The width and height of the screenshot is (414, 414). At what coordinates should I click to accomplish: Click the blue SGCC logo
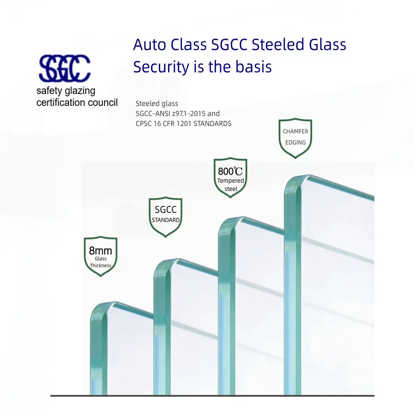tap(65, 68)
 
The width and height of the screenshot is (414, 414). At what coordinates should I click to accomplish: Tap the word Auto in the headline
tap(150, 44)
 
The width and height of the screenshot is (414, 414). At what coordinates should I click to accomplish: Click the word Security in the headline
tap(161, 67)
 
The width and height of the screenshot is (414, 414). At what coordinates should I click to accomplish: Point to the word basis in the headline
tap(253, 67)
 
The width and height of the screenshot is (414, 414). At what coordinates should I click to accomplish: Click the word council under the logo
tap(103, 102)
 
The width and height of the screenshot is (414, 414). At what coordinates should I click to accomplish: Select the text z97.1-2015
tap(188, 114)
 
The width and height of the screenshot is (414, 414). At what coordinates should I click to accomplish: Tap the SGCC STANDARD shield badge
tap(165, 217)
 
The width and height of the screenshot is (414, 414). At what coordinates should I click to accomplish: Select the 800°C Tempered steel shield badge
tap(230, 178)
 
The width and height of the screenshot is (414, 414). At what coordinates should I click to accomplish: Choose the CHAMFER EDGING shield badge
tap(296, 138)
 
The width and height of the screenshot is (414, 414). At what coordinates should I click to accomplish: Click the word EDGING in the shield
tap(296, 143)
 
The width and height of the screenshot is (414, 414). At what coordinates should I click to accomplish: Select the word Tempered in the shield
tap(230, 181)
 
